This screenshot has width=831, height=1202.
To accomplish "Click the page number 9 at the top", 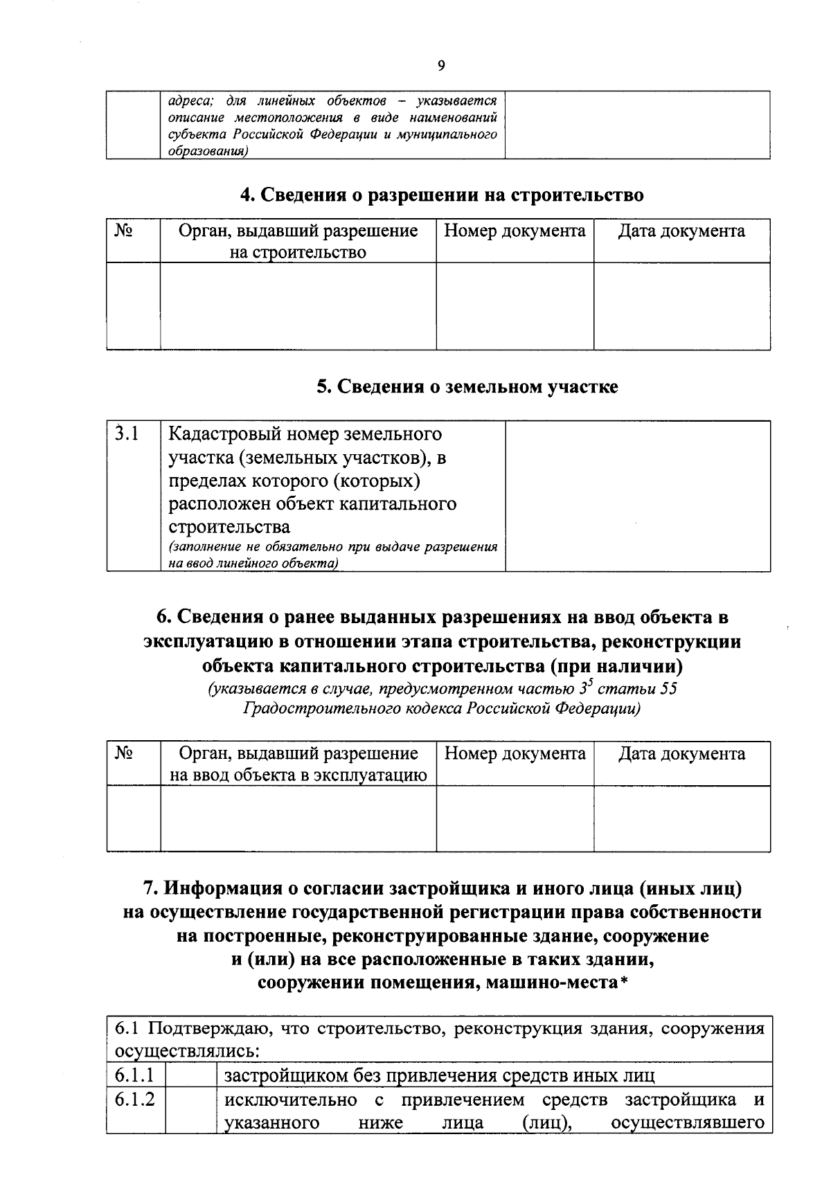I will (x=442, y=66).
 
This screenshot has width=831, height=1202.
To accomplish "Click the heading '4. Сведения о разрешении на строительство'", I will (x=442, y=195).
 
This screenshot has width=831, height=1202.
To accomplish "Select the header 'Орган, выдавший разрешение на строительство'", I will (x=298, y=241).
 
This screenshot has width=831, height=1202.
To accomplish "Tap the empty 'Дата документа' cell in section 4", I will (x=681, y=305).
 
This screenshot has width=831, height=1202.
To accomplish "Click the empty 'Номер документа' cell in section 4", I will (x=515, y=305).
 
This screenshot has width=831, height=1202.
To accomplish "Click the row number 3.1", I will (x=127, y=434).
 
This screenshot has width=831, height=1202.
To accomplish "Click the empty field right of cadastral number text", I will (x=637, y=496).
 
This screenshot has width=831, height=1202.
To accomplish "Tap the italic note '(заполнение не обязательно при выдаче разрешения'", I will (x=333, y=547).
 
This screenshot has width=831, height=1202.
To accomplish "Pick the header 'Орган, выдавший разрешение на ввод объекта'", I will (x=298, y=764).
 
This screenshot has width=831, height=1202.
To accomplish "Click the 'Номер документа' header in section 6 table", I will (x=515, y=753).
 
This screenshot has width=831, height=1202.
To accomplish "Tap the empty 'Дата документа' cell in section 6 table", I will (x=681, y=818).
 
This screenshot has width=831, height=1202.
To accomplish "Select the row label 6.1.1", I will (x=134, y=1075).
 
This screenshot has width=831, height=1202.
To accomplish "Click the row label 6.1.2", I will (x=134, y=1100).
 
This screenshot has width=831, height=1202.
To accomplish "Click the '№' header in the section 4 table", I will (x=123, y=231).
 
